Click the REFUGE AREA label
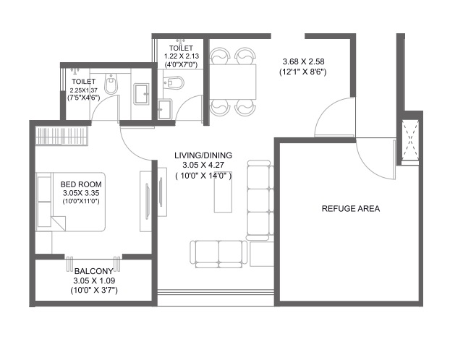click(x=350, y=209)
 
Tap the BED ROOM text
click(x=81, y=184)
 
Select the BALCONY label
click(x=93, y=271)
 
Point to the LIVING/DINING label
click(x=203, y=155)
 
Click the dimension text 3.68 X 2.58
click(x=303, y=61)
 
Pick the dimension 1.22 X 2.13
click(x=182, y=56)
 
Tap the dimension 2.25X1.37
click(x=84, y=90)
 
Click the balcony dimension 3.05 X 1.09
click(x=94, y=280)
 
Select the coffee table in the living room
click(x=223, y=192)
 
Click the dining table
click(x=233, y=82)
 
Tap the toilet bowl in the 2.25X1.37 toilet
click(x=111, y=83)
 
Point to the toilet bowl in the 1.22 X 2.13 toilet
click(x=174, y=82)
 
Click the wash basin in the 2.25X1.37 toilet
click(x=141, y=94)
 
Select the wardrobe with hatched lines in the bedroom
click(x=61, y=135)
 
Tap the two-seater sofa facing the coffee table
click(x=218, y=254)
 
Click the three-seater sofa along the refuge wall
click(x=260, y=200)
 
